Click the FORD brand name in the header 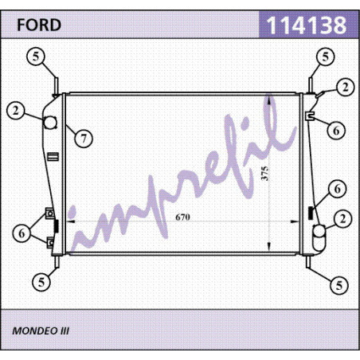coord(39,25)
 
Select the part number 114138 coord(307,25)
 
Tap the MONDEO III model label coord(41,331)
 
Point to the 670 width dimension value coord(182,217)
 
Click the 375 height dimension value coord(265,174)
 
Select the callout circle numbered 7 coord(84,139)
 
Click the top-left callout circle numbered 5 coord(36,57)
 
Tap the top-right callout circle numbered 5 coord(325,57)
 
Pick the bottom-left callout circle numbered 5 coord(41,282)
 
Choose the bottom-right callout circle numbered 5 coord(339,285)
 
